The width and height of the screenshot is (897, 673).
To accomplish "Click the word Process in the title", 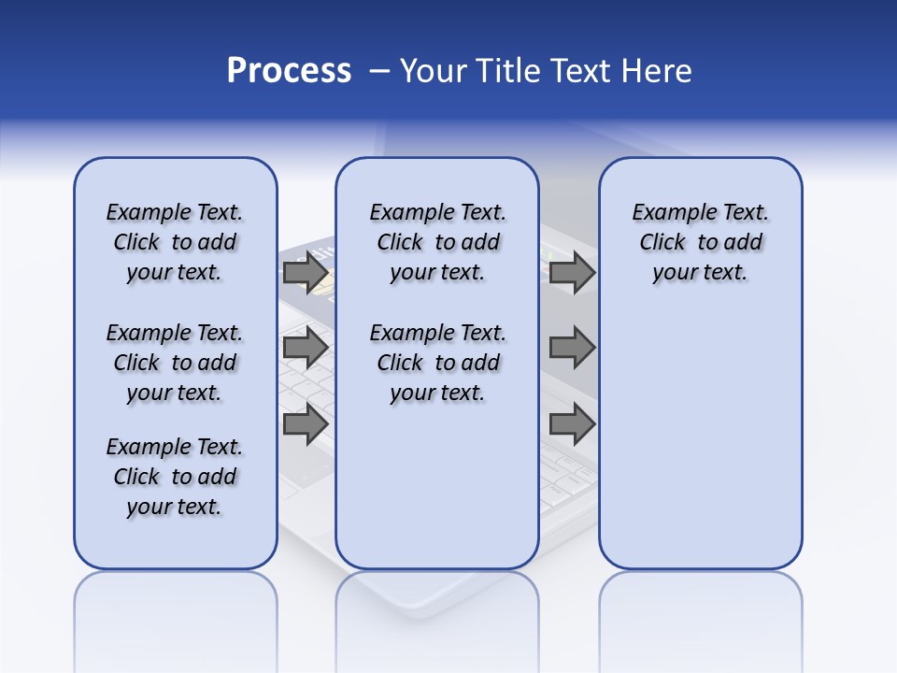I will (x=289, y=71).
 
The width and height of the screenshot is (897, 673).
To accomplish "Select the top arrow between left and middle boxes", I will (x=306, y=273).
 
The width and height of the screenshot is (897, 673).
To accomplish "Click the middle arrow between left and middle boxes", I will (x=306, y=348).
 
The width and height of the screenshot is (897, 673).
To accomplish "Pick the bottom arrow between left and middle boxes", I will (x=306, y=424).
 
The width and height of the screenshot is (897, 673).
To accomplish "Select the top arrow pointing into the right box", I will (x=572, y=273).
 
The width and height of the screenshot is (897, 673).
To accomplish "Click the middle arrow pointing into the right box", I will (x=572, y=348).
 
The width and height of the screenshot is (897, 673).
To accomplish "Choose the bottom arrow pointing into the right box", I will (x=572, y=424).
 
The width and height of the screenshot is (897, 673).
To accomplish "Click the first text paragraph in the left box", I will (x=175, y=242).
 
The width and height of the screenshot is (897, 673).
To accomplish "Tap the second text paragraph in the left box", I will (x=175, y=363).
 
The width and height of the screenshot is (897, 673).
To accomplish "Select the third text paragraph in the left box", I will (x=175, y=477).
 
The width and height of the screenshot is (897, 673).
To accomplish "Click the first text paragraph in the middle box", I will (x=437, y=242).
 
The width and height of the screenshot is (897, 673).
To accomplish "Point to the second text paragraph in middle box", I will (x=437, y=363).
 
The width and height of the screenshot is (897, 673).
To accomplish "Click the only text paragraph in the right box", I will (x=700, y=242).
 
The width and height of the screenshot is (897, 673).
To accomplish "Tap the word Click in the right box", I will (x=662, y=243).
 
